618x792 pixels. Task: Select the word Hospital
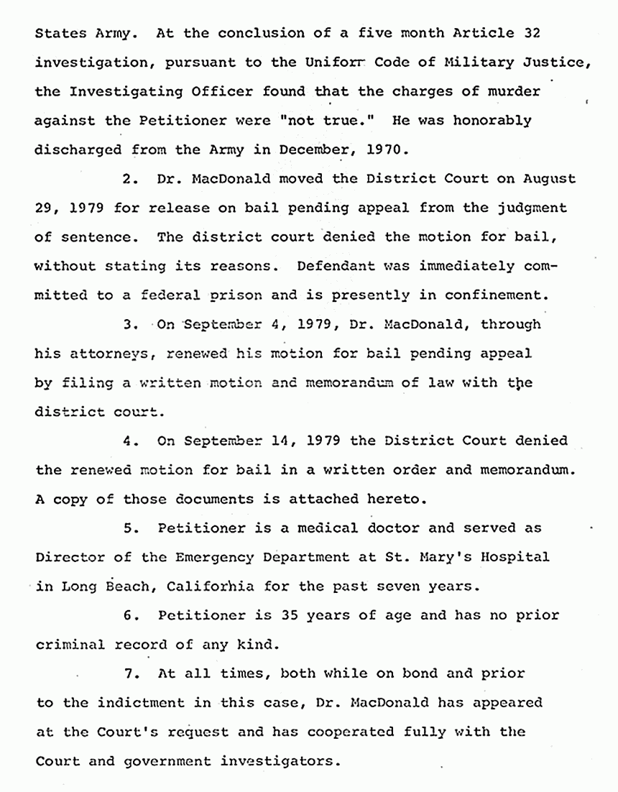point(512,557)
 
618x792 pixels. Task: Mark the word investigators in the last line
point(287,761)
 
